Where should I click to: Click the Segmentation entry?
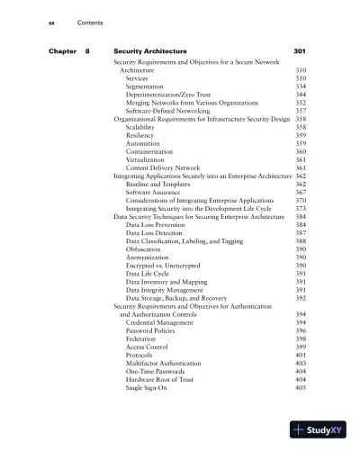click(x=145, y=86)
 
